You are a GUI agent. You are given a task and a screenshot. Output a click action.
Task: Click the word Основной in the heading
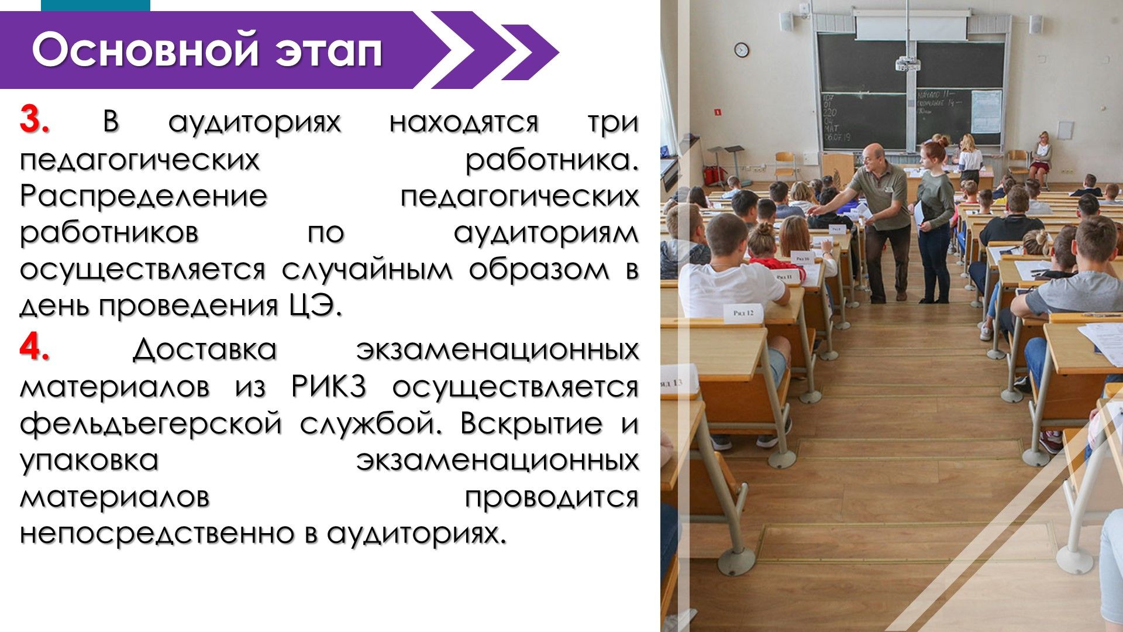tap(145, 50)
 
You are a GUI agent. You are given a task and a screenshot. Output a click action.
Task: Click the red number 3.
tap(35, 121)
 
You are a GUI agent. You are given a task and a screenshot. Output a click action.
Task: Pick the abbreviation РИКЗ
tap(329, 386)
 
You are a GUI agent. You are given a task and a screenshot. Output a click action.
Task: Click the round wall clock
tap(742, 50)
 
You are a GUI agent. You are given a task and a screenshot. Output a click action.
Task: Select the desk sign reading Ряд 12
tap(742, 312)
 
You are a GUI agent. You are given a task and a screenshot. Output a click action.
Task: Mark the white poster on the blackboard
tap(986, 111)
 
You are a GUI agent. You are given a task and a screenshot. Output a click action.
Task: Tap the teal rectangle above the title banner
tap(95, 5)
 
